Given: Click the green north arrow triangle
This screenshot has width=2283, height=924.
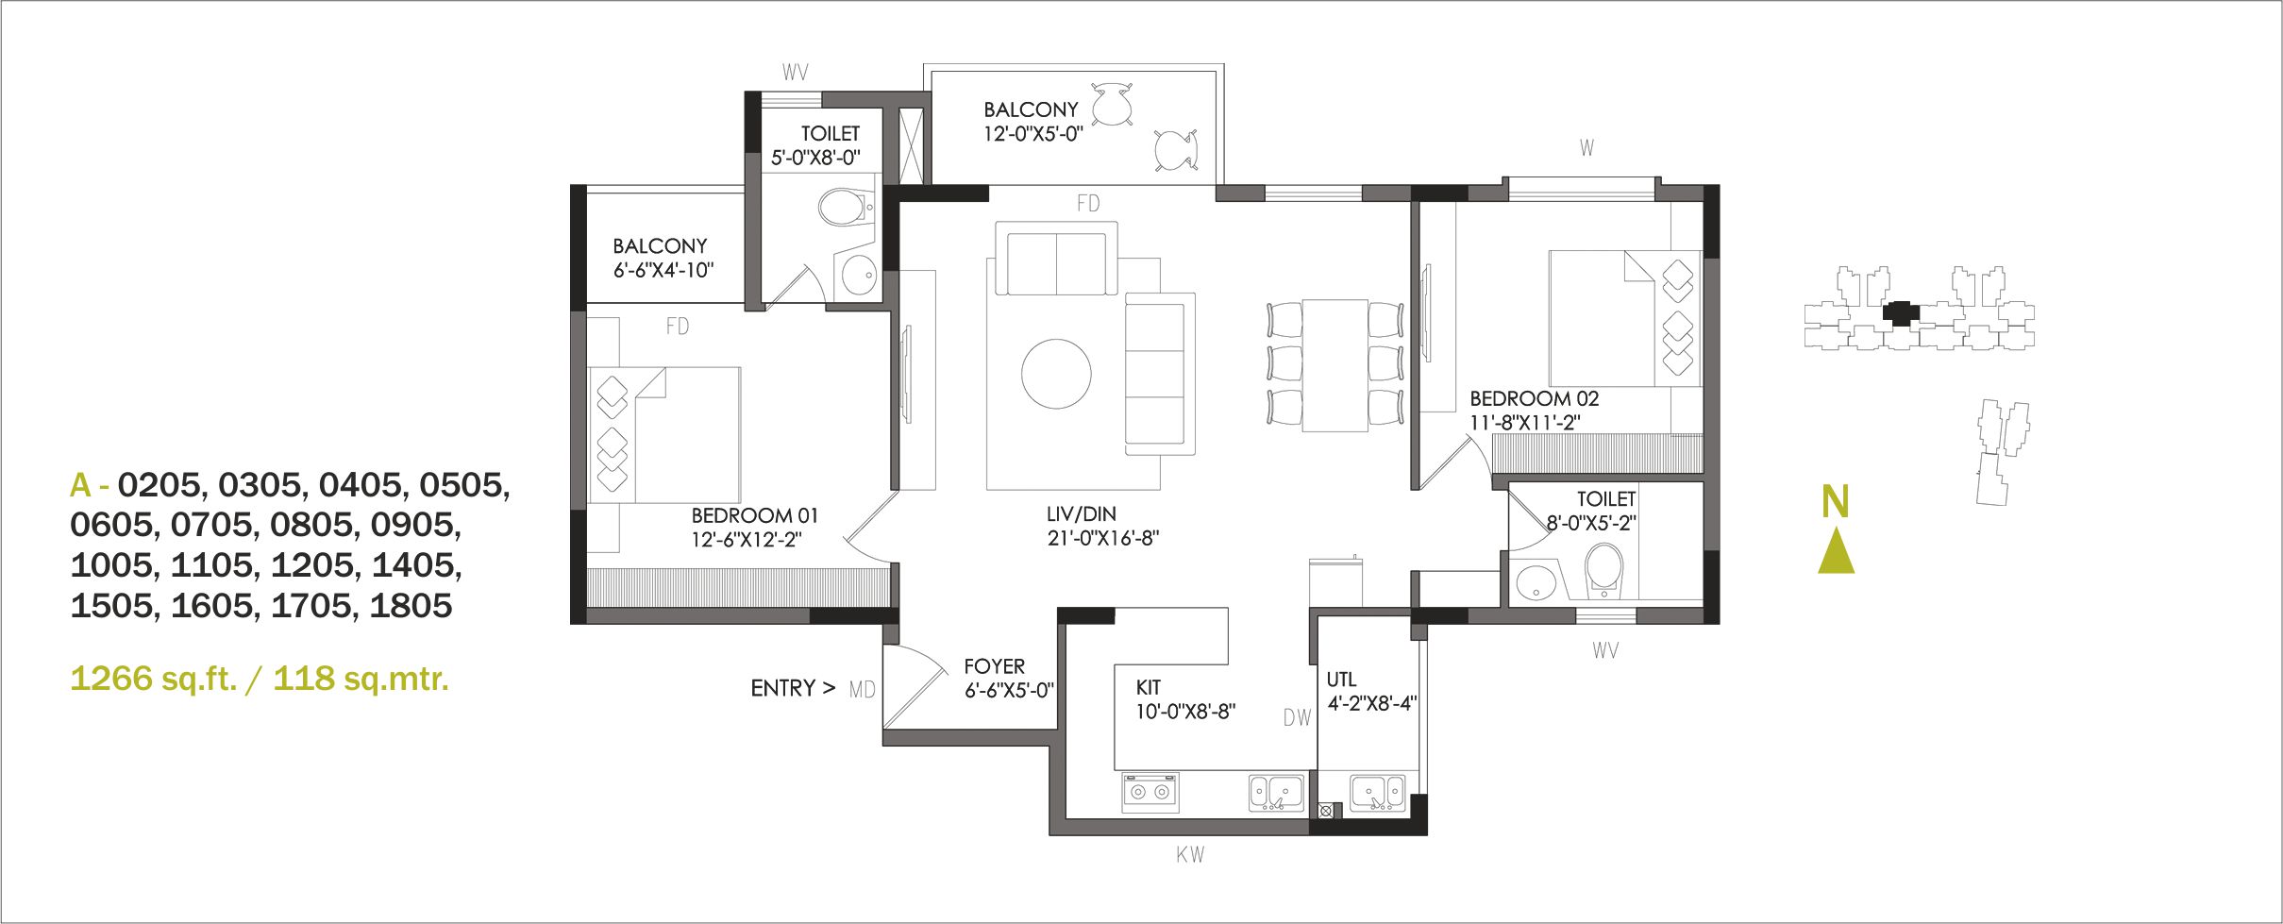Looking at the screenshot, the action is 1836,551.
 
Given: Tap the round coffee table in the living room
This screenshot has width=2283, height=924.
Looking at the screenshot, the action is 1056,374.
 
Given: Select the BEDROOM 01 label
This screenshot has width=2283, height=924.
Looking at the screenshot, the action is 754,515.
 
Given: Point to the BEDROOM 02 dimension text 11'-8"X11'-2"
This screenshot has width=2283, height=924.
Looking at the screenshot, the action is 1524,423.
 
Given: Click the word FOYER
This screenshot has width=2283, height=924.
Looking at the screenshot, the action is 994,666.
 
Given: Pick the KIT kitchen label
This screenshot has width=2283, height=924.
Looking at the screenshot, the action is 1148,688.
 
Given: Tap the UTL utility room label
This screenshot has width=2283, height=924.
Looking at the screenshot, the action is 1341,680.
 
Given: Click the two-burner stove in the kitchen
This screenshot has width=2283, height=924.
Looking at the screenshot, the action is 1150,792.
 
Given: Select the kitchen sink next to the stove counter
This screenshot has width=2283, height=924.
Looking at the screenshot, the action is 1277,793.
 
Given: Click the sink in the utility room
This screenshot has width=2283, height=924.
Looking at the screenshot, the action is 1377,793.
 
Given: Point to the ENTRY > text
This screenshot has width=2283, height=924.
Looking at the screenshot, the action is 793,689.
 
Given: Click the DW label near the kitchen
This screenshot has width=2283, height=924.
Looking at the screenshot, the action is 1297,718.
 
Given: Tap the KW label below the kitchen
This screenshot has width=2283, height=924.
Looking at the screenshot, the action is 1190,855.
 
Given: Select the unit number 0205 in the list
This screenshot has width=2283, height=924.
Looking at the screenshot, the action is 159,485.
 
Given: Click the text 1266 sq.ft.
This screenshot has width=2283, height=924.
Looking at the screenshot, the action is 153,679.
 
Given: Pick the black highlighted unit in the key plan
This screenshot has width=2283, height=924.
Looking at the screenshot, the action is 1901,313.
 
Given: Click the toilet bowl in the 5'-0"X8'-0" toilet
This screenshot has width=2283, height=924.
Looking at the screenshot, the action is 844,207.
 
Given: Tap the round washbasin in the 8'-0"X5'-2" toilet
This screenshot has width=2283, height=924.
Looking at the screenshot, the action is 1536,583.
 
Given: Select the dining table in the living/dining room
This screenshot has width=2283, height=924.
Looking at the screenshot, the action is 1335,365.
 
